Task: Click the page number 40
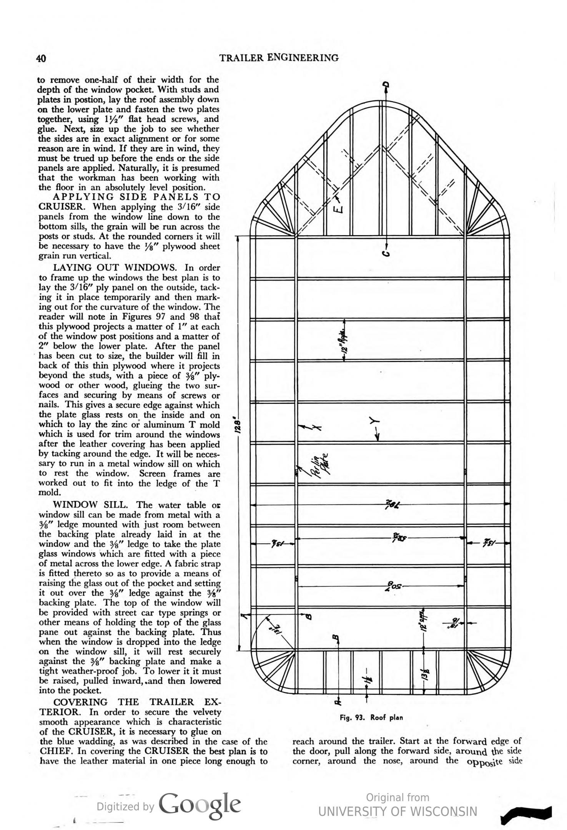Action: [41, 58]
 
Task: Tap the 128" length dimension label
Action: [238, 426]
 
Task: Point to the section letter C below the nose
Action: [387, 253]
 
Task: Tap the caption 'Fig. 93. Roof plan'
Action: [371, 717]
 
